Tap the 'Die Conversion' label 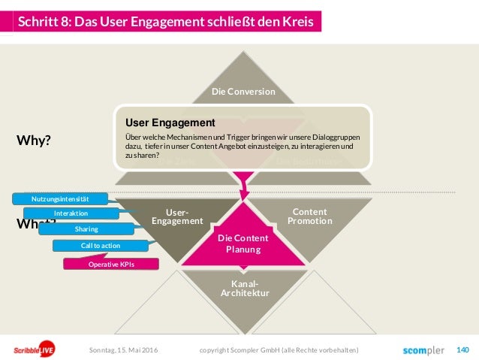click(243, 92)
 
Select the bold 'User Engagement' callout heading click(170, 122)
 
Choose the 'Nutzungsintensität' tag click(60, 198)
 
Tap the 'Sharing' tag click(86, 228)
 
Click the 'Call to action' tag click(99, 245)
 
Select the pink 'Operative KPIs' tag click(112, 264)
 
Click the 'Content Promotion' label click(309, 216)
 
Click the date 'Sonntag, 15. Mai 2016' click(124, 350)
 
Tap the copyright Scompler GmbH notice click(279, 350)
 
